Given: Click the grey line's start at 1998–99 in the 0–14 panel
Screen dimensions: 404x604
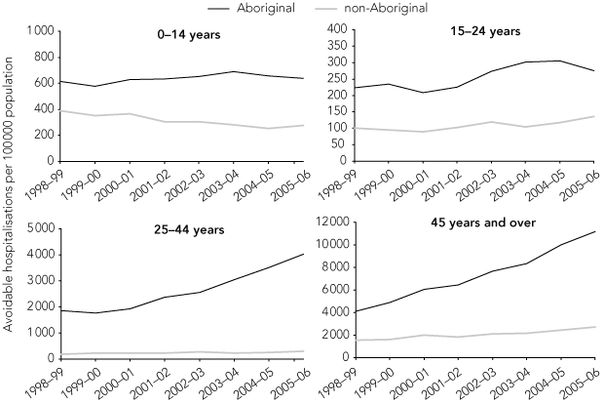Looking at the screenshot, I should (59, 110).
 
